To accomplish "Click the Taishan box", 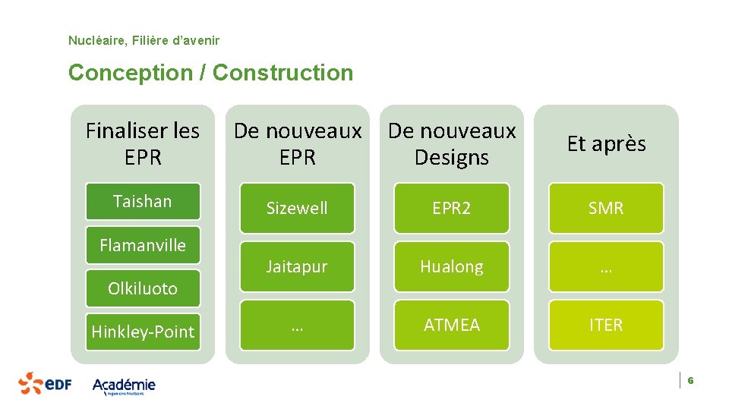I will pos(143,202).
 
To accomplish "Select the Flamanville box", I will pos(143,245).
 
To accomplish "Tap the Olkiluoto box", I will pos(143,288).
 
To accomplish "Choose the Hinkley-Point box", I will pos(143,332).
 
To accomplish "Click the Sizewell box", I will pos(297,208).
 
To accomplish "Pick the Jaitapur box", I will pos(297,266).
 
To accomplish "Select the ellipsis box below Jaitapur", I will pos(297,325).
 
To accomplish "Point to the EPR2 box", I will pos(451,208).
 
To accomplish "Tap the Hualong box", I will pos(451,266).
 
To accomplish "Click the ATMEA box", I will pos(451,325).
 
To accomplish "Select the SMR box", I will pos(605,208).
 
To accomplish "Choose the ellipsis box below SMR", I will pos(605,266).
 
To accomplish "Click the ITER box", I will pos(605,325).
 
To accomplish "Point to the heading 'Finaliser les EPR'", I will pos(143,144).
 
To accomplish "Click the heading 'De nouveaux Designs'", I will pos(452,144).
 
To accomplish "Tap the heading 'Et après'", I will pos(606,144).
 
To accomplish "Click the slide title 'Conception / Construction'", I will pos(210,73).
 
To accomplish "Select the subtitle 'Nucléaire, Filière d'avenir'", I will pos(144,39).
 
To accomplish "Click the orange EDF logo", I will pos(45,383).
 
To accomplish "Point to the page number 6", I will pos(691,380).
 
